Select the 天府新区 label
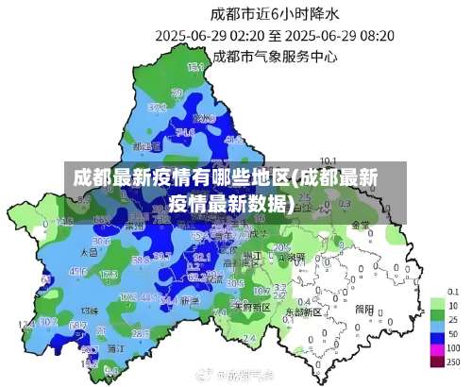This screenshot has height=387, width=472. (252, 308)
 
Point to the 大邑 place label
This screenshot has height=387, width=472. (90, 253)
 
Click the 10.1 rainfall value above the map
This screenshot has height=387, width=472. (329, 160)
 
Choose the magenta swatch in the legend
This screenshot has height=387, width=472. (436, 348)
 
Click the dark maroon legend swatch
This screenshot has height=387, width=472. (436, 362)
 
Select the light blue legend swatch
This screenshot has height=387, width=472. (436, 321)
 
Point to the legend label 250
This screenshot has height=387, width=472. (453, 362)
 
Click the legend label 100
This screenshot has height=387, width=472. (453, 348)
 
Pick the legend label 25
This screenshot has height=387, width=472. (453, 321)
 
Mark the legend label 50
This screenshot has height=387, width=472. (453, 334)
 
